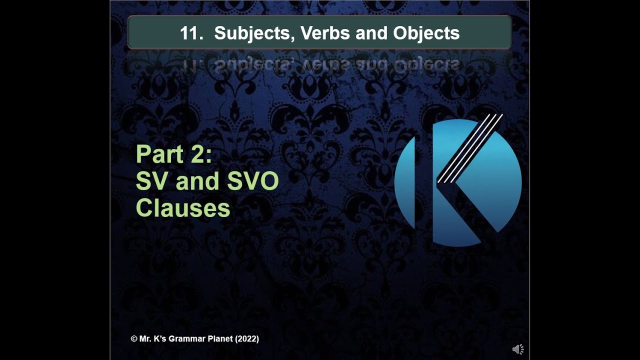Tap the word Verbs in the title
tap(313, 33)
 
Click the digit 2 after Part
tap(199, 154)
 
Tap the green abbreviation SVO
tap(253, 182)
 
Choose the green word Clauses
tap(183, 208)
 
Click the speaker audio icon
tap(518, 349)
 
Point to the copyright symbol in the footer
tap(134, 339)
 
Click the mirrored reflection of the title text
tap(320, 65)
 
